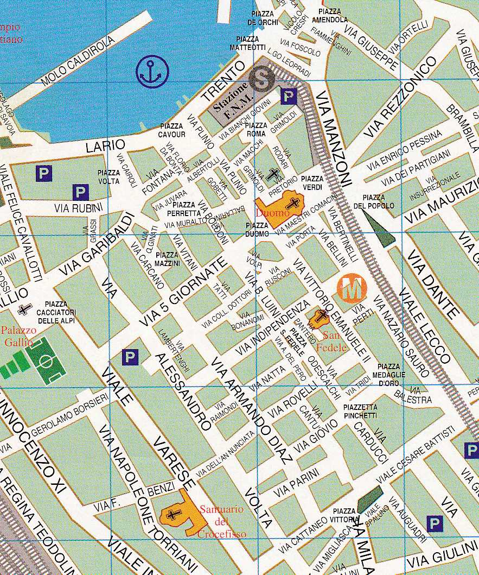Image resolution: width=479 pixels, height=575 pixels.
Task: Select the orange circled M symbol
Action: tap(352, 288)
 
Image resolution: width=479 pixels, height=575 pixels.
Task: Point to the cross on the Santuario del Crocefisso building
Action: tap(174, 514)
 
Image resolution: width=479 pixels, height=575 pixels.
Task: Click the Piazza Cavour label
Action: tap(173, 130)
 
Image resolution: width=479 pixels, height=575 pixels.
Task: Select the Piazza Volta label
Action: tap(109, 177)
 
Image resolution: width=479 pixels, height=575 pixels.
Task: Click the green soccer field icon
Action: tap(45, 361)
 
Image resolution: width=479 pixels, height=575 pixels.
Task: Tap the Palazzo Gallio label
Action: tap(18, 336)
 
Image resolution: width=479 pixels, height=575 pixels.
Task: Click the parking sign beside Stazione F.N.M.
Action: tap(289, 97)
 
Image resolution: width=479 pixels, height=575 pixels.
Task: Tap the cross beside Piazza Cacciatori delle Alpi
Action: tap(23, 309)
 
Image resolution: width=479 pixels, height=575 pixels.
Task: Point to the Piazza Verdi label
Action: tap(312, 183)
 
